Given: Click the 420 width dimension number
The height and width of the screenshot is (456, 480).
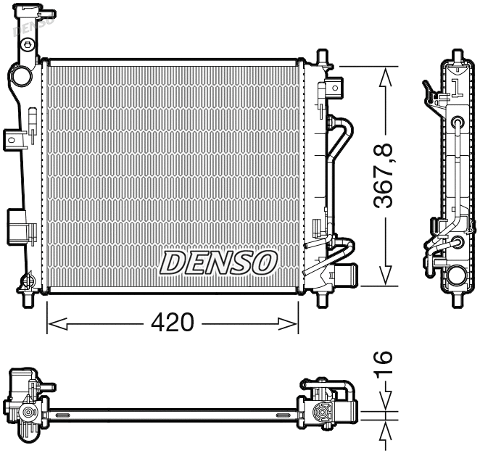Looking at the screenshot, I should pyautogui.click(x=172, y=323).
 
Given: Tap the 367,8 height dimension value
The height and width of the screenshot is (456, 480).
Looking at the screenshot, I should pyautogui.click(x=385, y=176).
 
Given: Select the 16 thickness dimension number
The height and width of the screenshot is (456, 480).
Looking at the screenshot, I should pyautogui.click(x=385, y=365).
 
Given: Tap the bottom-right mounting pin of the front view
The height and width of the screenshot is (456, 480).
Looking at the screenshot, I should pyautogui.click(x=321, y=298).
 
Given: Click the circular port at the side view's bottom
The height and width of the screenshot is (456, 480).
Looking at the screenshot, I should pyautogui.click(x=457, y=275).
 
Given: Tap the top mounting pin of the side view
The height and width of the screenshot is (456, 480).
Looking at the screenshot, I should pyautogui.click(x=456, y=56).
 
